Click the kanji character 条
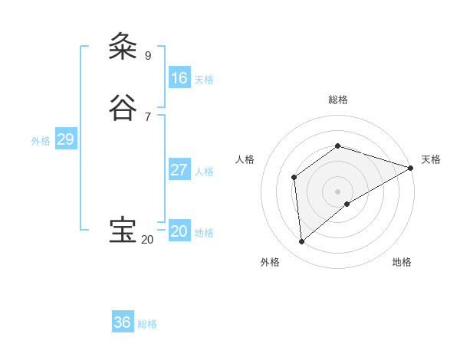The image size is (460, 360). [123, 47]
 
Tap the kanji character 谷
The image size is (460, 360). [123, 109]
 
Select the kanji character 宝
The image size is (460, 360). [123, 231]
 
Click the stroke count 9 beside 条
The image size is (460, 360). [148, 55]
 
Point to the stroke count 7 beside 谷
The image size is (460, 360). [148, 116]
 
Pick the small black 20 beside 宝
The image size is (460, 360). [147, 240]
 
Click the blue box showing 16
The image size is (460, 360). [179, 78]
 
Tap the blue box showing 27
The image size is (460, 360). [179, 170]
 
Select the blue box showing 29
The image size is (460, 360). [65, 139]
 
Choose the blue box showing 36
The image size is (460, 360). [123, 322]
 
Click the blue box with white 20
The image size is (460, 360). [179, 231]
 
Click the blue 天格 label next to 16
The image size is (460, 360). [204, 80]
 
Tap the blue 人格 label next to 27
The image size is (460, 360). [204, 172]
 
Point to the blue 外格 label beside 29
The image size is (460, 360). [41, 141]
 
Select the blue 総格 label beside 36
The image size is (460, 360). [147, 324]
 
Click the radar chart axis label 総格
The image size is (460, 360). [338, 100]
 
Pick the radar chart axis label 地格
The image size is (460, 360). [402, 262]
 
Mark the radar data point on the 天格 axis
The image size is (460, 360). [411, 168]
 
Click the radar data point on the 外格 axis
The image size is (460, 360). [302, 242]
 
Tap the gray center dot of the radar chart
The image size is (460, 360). [338, 191]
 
